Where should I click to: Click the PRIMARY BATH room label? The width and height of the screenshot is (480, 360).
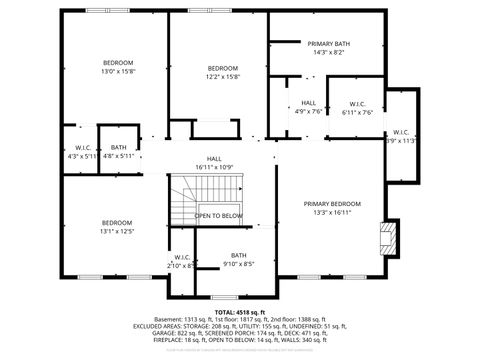[x=329, y=44]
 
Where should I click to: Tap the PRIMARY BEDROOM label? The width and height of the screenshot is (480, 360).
[x=332, y=203]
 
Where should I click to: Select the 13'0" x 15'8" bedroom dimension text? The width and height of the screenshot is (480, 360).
[x=117, y=71]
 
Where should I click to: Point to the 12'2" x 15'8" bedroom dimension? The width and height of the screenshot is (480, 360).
[x=223, y=76]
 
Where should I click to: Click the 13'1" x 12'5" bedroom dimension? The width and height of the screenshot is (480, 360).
[x=117, y=231]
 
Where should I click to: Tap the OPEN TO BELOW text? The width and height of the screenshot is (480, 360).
[x=218, y=216]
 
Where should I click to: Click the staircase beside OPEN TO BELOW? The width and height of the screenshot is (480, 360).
[x=186, y=200]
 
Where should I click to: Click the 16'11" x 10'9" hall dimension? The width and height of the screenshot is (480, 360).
[x=214, y=166]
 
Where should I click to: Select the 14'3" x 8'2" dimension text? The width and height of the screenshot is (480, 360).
[x=329, y=52]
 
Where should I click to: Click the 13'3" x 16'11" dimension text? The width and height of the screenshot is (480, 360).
[x=332, y=212]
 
